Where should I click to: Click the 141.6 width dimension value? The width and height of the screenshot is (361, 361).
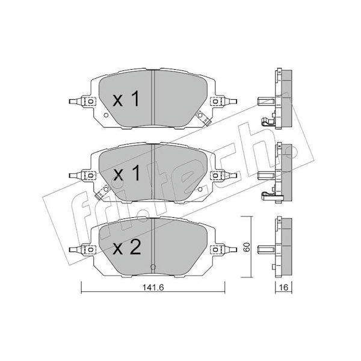(153, 288)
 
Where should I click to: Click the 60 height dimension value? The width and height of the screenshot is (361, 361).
(247, 247)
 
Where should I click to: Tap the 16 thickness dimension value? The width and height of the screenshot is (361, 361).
(283, 288)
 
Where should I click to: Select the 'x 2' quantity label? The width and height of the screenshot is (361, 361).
(126, 247)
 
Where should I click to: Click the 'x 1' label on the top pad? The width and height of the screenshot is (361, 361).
(126, 99)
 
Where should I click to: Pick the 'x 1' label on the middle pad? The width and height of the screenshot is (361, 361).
(126, 173)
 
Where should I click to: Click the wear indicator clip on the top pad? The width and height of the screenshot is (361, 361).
(203, 119)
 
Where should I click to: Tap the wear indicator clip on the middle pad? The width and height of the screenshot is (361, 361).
(102, 193)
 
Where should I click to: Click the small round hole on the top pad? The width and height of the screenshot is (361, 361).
(106, 116)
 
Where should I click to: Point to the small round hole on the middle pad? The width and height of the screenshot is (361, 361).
(200, 190)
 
